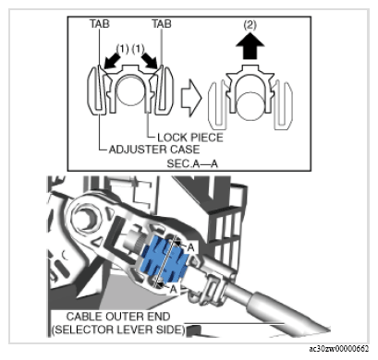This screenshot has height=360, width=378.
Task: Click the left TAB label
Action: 100,24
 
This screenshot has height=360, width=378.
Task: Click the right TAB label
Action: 162,24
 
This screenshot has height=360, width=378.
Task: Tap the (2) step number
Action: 250,25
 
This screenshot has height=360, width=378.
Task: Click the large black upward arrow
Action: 250,47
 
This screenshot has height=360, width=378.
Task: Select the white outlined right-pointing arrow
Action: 191,98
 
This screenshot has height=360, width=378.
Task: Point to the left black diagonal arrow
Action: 113,60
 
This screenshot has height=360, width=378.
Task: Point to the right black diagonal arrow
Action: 150,60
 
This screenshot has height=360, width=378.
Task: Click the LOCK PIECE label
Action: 190,138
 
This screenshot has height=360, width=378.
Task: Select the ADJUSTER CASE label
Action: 154,150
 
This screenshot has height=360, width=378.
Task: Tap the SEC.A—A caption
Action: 192,163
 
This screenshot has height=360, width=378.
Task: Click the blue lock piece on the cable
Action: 165,259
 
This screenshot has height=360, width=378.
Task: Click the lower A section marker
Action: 174,289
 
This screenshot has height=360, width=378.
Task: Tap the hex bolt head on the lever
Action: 87,220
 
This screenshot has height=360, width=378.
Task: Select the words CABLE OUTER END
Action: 118,317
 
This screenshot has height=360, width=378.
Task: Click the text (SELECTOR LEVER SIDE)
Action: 118,330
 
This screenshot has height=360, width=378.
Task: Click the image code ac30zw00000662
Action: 339,349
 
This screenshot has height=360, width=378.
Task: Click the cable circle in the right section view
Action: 250,106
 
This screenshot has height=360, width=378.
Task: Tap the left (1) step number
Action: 122,49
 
